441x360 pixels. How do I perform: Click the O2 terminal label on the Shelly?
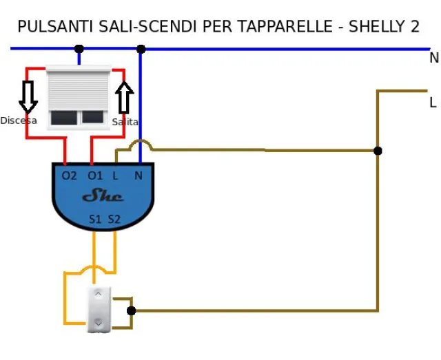click(70, 176)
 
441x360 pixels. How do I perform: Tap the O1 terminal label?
click(95, 176)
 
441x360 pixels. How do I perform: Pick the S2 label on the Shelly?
click(114, 220)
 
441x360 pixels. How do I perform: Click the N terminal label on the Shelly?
click(139, 176)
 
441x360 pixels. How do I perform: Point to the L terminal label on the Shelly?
click(116, 176)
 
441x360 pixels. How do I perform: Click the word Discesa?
click(19, 120)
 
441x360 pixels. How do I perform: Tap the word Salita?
click(125, 122)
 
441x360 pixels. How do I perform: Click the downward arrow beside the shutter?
click(28, 96)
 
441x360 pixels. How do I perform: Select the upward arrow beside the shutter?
click(124, 97)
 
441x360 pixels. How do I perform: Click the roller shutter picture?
click(79, 97)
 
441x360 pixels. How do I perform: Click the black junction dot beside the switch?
click(132, 310)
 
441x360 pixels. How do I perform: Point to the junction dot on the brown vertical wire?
click(378, 151)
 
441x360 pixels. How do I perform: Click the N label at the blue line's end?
click(433, 59)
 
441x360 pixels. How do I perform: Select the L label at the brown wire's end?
click(433, 103)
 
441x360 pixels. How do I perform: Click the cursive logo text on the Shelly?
click(103, 197)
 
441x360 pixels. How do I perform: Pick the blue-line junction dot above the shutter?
click(79, 49)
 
